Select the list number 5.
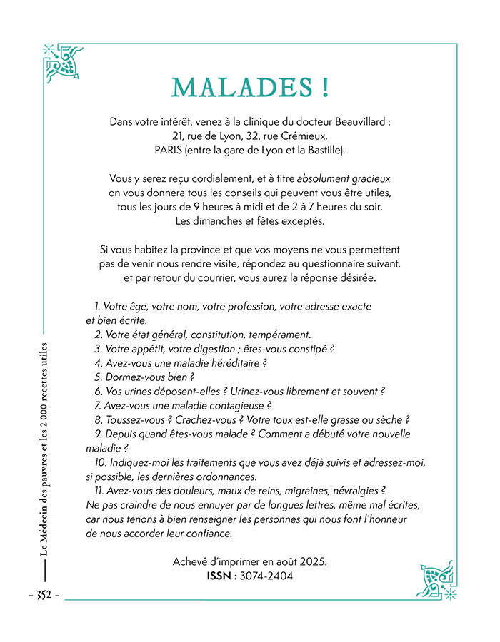tap(99, 377)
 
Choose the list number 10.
tap(100, 462)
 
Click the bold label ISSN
tap(219, 576)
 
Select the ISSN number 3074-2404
tap(266, 576)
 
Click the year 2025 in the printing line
tap(312, 561)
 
